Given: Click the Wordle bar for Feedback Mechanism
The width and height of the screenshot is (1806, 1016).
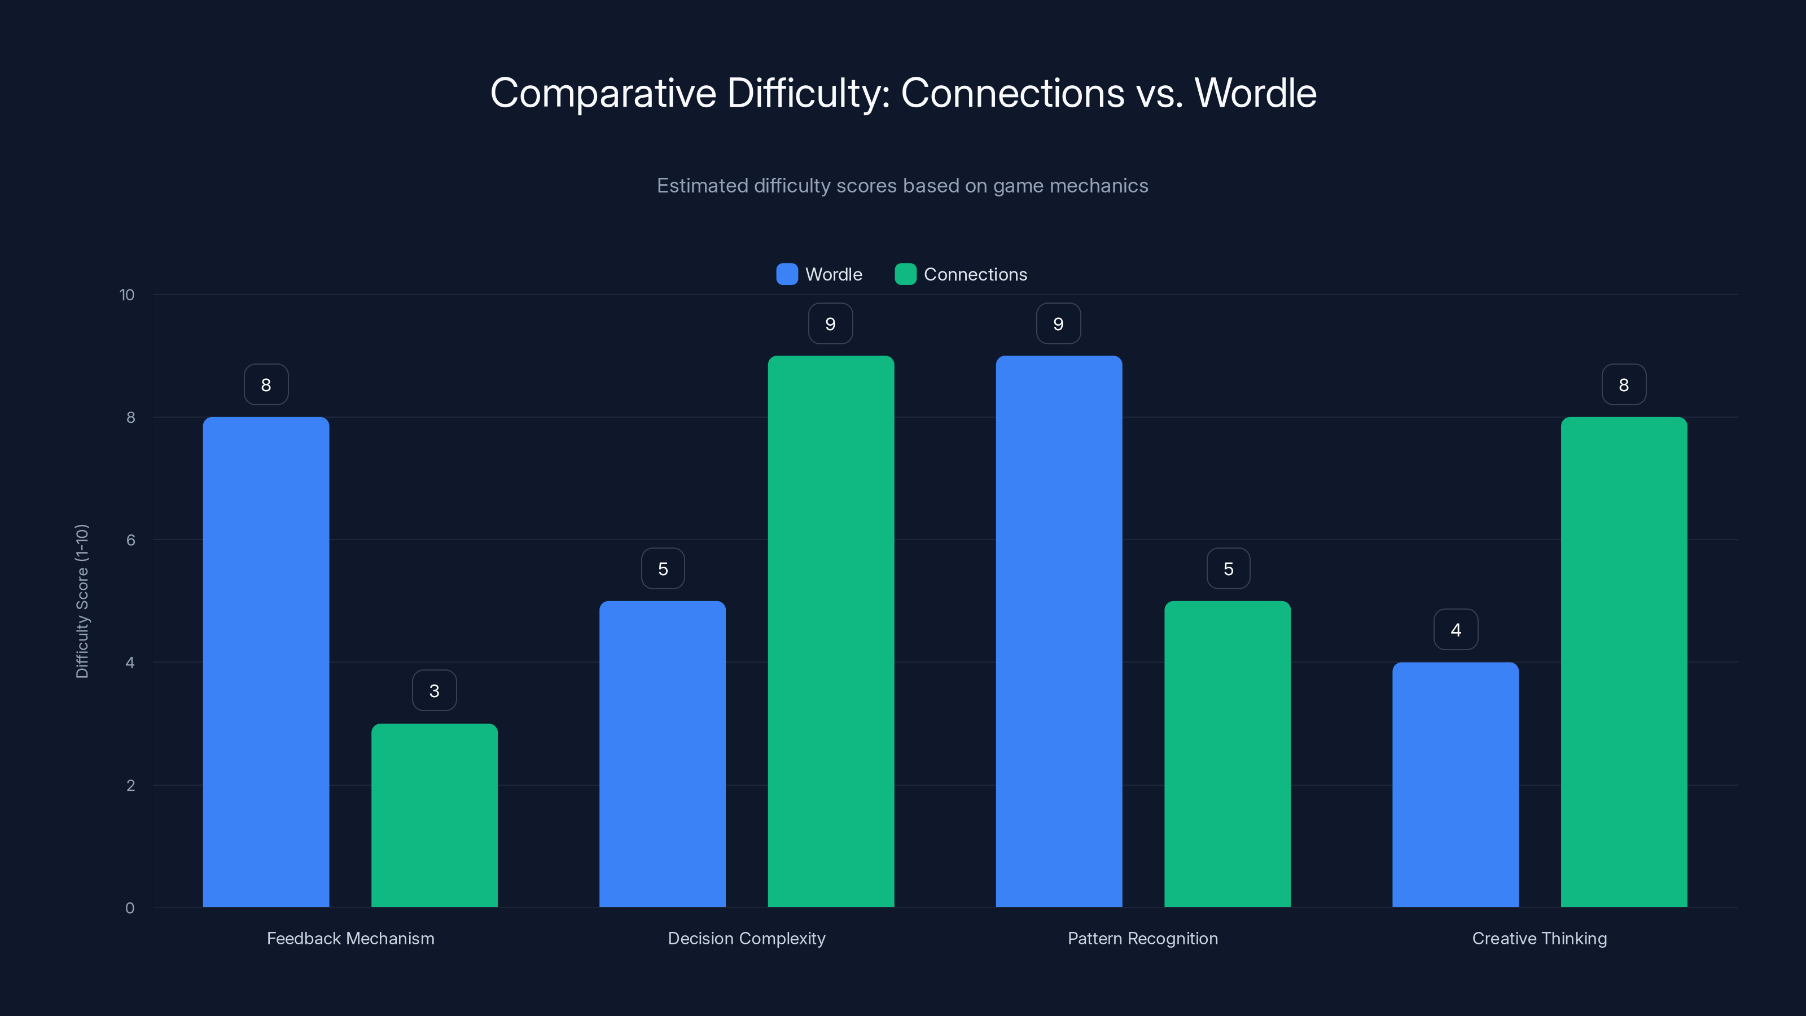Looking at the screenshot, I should tap(266, 662).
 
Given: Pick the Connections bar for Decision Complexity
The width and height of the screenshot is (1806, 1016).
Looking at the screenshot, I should tap(831, 631).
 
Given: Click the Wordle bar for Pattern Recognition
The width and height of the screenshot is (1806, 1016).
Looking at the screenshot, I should tap(1059, 631).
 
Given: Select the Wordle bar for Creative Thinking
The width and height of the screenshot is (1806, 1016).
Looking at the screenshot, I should tap(1456, 785).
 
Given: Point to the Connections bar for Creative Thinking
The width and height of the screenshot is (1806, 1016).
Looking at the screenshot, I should tap(1624, 662).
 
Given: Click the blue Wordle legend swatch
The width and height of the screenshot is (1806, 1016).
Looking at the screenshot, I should tap(787, 274).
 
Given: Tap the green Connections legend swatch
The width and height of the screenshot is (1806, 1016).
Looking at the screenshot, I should tap(905, 274).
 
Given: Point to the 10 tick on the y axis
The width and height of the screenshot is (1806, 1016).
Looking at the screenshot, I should tap(127, 295).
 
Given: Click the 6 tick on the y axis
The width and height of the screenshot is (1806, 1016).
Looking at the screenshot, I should tap(130, 540).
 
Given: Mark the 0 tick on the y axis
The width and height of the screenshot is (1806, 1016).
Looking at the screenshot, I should tap(130, 908).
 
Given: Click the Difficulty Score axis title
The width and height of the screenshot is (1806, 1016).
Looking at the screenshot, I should tap(82, 601).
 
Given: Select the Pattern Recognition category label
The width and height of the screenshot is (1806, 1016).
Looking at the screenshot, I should tap(1143, 938).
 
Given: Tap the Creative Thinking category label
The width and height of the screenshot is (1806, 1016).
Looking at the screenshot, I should tap(1540, 938).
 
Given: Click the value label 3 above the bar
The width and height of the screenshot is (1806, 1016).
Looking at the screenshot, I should tap(434, 691).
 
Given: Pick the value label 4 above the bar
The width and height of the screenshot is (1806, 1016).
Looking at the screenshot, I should tap(1456, 630).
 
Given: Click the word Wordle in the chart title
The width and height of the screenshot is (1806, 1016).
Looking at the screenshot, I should tap(1255, 93).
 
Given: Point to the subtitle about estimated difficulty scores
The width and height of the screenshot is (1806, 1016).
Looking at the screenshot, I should tap(902, 185).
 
